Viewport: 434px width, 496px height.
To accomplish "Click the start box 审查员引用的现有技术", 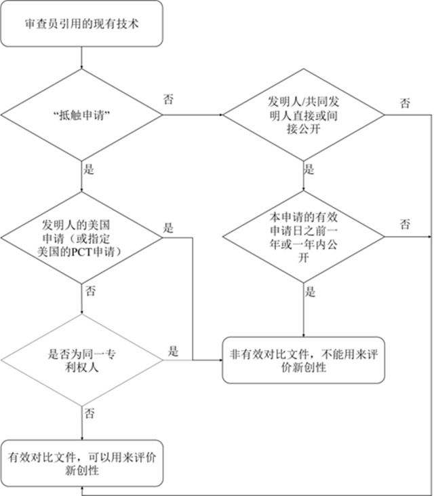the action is click(81, 24).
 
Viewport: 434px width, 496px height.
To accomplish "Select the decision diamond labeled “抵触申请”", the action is click(81, 115).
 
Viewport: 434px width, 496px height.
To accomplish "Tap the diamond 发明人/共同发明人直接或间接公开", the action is click(303, 115).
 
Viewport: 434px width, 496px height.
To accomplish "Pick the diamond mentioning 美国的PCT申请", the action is click(81, 237).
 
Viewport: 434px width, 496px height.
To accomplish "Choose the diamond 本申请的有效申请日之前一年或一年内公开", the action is click(303, 237).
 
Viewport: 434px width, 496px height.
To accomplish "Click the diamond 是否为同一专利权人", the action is click(81, 360).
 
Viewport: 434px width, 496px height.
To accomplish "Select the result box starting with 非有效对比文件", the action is click(303, 360).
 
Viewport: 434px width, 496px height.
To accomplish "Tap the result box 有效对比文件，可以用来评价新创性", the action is click(81, 463).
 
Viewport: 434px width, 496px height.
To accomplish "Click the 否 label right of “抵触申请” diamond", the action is click(168, 99).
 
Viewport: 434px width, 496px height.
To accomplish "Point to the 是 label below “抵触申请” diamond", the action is click(89, 169).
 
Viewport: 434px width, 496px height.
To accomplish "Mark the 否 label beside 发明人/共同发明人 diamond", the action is click(406, 103).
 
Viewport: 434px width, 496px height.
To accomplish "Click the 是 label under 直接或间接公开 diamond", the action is click(309, 169).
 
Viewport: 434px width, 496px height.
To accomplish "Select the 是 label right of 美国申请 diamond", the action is click(168, 228).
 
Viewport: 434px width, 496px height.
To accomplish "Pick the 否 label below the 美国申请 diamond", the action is click(90, 291).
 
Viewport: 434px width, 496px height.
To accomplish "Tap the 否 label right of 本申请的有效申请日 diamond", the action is click(406, 225).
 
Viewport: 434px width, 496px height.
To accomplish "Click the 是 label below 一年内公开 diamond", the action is click(310, 292).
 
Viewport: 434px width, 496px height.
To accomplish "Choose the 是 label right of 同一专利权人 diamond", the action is click(173, 351).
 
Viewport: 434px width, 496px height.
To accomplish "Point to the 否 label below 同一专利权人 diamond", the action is click(90, 413).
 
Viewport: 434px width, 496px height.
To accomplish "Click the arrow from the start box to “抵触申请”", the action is click(81, 58).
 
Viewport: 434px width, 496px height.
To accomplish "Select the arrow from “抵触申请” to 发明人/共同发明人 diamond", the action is click(193, 115).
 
